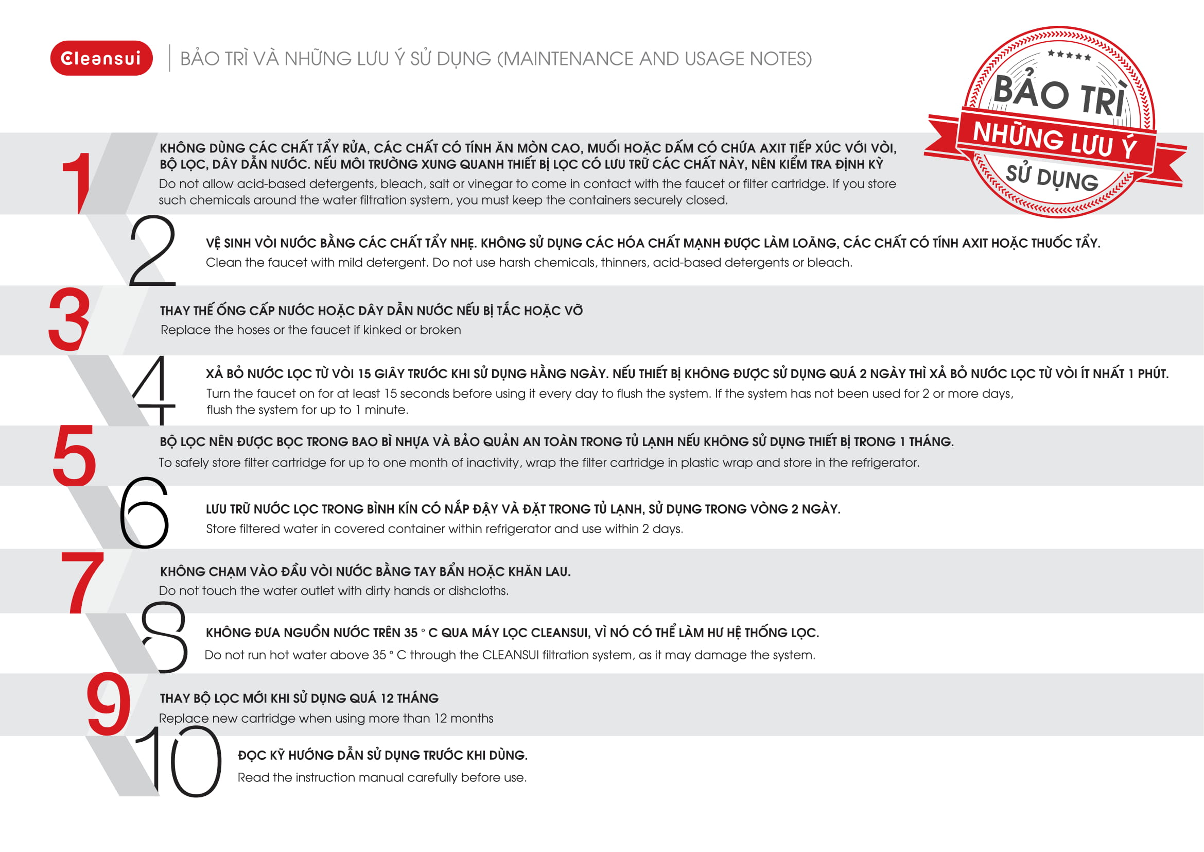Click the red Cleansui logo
coord(101,58)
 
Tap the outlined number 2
coord(151,251)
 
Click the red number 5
coord(75,455)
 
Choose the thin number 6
coord(144,513)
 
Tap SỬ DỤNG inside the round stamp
coord(1052,178)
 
